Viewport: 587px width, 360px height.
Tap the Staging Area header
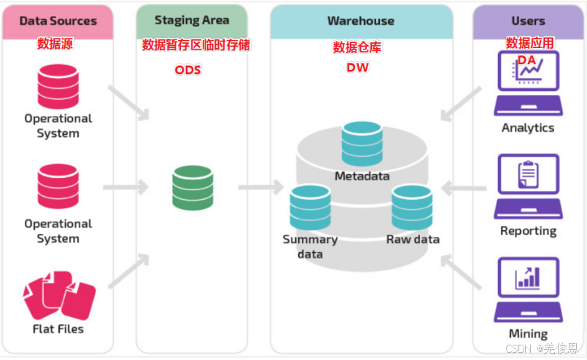192,21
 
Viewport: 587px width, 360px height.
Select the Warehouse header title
361,21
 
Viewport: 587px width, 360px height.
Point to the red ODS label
187,70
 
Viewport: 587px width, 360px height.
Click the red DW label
357,68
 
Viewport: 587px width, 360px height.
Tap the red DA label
526,59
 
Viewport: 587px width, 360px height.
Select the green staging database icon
193,188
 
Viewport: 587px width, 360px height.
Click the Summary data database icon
310,208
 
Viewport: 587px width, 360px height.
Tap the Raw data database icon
412,208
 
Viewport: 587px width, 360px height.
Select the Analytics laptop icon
528,84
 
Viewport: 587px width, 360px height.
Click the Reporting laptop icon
528,186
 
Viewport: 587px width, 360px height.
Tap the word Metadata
362,176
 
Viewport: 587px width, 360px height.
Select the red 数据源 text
55,44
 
